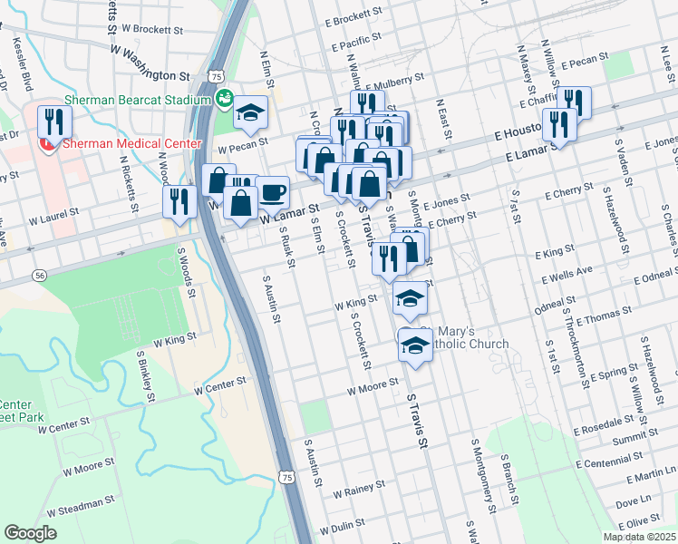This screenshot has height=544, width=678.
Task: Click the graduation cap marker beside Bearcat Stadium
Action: [x=250, y=112]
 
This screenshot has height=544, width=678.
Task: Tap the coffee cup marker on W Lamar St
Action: [x=272, y=192]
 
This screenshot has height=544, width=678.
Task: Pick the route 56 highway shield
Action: [x=39, y=274]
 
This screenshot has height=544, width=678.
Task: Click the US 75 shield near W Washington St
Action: [x=216, y=77]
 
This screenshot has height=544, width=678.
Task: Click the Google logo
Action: [x=30, y=533]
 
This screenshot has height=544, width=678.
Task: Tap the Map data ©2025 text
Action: [x=639, y=537]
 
